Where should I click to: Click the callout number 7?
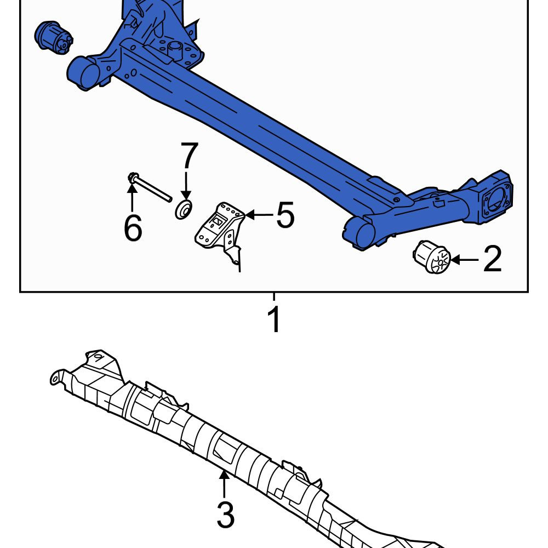pyautogui.click(x=190, y=156)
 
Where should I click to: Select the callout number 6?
pyautogui.click(x=133, y=227)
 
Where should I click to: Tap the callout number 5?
pyautogui.click(x=285, y=215)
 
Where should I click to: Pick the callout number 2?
pyautogui.click(x=492, y=259)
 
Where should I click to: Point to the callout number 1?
pyautogui.click(x=275, y=319)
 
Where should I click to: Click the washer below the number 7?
pyautogui.click(x=184, y=209)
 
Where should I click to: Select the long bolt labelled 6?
pyautogui.click(x=150, y=187)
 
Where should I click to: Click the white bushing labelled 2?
pyautogui.click(x=431, y=256)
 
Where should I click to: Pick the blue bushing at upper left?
pyautogui.click(x=54, y=38)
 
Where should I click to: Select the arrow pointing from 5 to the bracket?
pyautogui.click(x=259, y=214)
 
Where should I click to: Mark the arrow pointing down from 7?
pyautogui.click(x=186, y=185)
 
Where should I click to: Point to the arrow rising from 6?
pyautogui.click(x=132, y=198)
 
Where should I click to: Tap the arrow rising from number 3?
pyautogui.click(x=224, y=484)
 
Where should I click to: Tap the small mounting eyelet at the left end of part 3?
pyautogui.click(x=55, y=378)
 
